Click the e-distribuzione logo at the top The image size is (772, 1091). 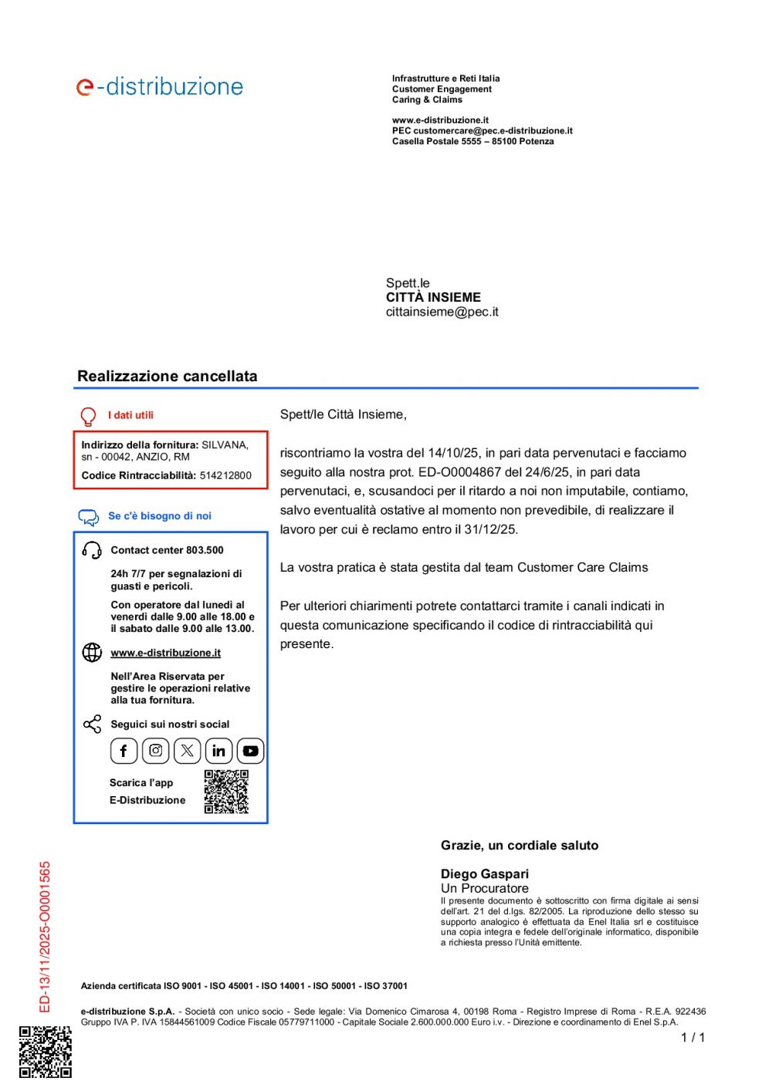(x=160, y=86)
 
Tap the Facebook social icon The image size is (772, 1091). (x=124, y=751)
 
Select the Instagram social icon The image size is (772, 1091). (x=155, y=751)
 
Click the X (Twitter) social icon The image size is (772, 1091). (x=187, y=751)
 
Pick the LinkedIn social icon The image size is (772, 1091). (x=218, y=751)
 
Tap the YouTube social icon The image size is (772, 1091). (x=250, y=751)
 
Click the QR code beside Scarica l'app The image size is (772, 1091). (x=226, y=792)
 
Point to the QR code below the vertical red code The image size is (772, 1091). (x=46, y=1051)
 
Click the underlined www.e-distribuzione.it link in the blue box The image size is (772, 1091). (x=165, y=653)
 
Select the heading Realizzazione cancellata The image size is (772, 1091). (x=167, y=377)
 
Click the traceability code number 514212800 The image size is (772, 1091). (x=225, y=475)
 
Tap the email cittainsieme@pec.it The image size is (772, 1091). (x=442, y=312)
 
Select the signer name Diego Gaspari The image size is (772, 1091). (x=484, y=873)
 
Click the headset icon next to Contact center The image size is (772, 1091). (x=92, y=550)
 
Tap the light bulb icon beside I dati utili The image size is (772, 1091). (x=88, y=417)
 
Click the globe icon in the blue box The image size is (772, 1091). (x=92, y=653)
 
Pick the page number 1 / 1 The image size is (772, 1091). (x=692, y=1038)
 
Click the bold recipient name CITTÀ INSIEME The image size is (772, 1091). (x=433, y=297)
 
